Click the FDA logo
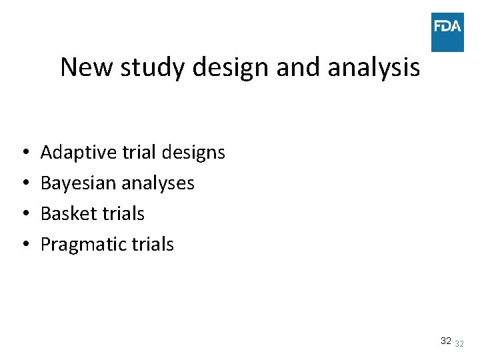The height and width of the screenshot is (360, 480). (x=447, y=32)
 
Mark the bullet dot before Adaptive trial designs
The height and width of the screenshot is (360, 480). (x=24, y=153)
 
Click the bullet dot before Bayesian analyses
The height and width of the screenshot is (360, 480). (x=24, y=184)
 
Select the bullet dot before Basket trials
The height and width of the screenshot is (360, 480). (x=24, y=215)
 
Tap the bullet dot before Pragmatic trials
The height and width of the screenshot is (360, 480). (x=24, y=245)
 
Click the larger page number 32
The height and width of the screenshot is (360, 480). (x=445, y=341)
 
